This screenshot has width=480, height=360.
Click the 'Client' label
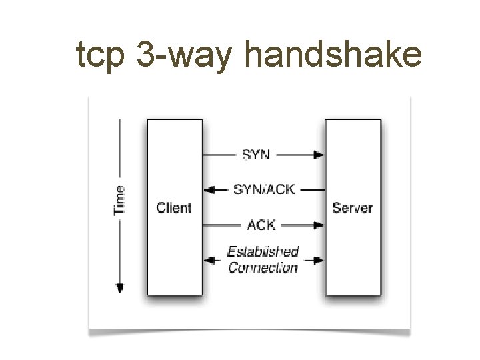[173, 207]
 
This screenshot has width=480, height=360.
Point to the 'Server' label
[353, 207]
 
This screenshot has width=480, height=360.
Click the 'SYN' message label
[256, 154]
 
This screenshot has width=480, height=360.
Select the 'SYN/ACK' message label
[263, 189]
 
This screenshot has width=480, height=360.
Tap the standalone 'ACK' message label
[261, 225]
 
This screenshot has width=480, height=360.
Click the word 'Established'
[263, 252]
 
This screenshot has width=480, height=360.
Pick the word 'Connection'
[263, 268]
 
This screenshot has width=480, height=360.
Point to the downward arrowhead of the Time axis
[119, 288]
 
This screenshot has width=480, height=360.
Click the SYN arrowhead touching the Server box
[319, 155]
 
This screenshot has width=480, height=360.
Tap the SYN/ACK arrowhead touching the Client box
[208, 189]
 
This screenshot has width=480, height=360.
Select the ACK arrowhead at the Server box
[319, 225]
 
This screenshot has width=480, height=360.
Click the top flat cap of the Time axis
[119, 121]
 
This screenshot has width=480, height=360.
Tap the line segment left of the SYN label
[221, 155]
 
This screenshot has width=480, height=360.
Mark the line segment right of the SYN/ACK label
[309, 189]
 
